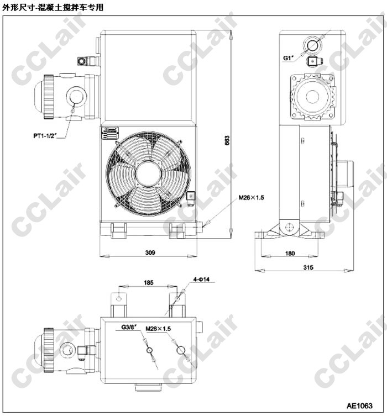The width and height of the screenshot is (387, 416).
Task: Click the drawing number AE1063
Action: click(x=359, y=406)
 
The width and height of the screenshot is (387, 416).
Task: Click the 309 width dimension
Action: click(x=150, y=252)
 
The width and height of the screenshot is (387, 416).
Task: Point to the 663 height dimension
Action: click(x=227, y=140)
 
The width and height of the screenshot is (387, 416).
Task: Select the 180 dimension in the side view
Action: click(x=290, y=254)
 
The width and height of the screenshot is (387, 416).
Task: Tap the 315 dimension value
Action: click(x=308, y=267)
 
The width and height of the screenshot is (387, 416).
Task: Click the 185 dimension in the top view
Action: click(x=148, y=282)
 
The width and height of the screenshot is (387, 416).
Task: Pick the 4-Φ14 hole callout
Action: click(x=201, y=279)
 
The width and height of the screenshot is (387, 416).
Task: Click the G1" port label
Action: click(x=289, y=57)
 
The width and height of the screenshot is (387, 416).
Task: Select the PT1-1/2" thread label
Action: click(x=45, y=136)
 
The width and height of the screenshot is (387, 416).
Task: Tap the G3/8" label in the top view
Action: click(x=129, y=327)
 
